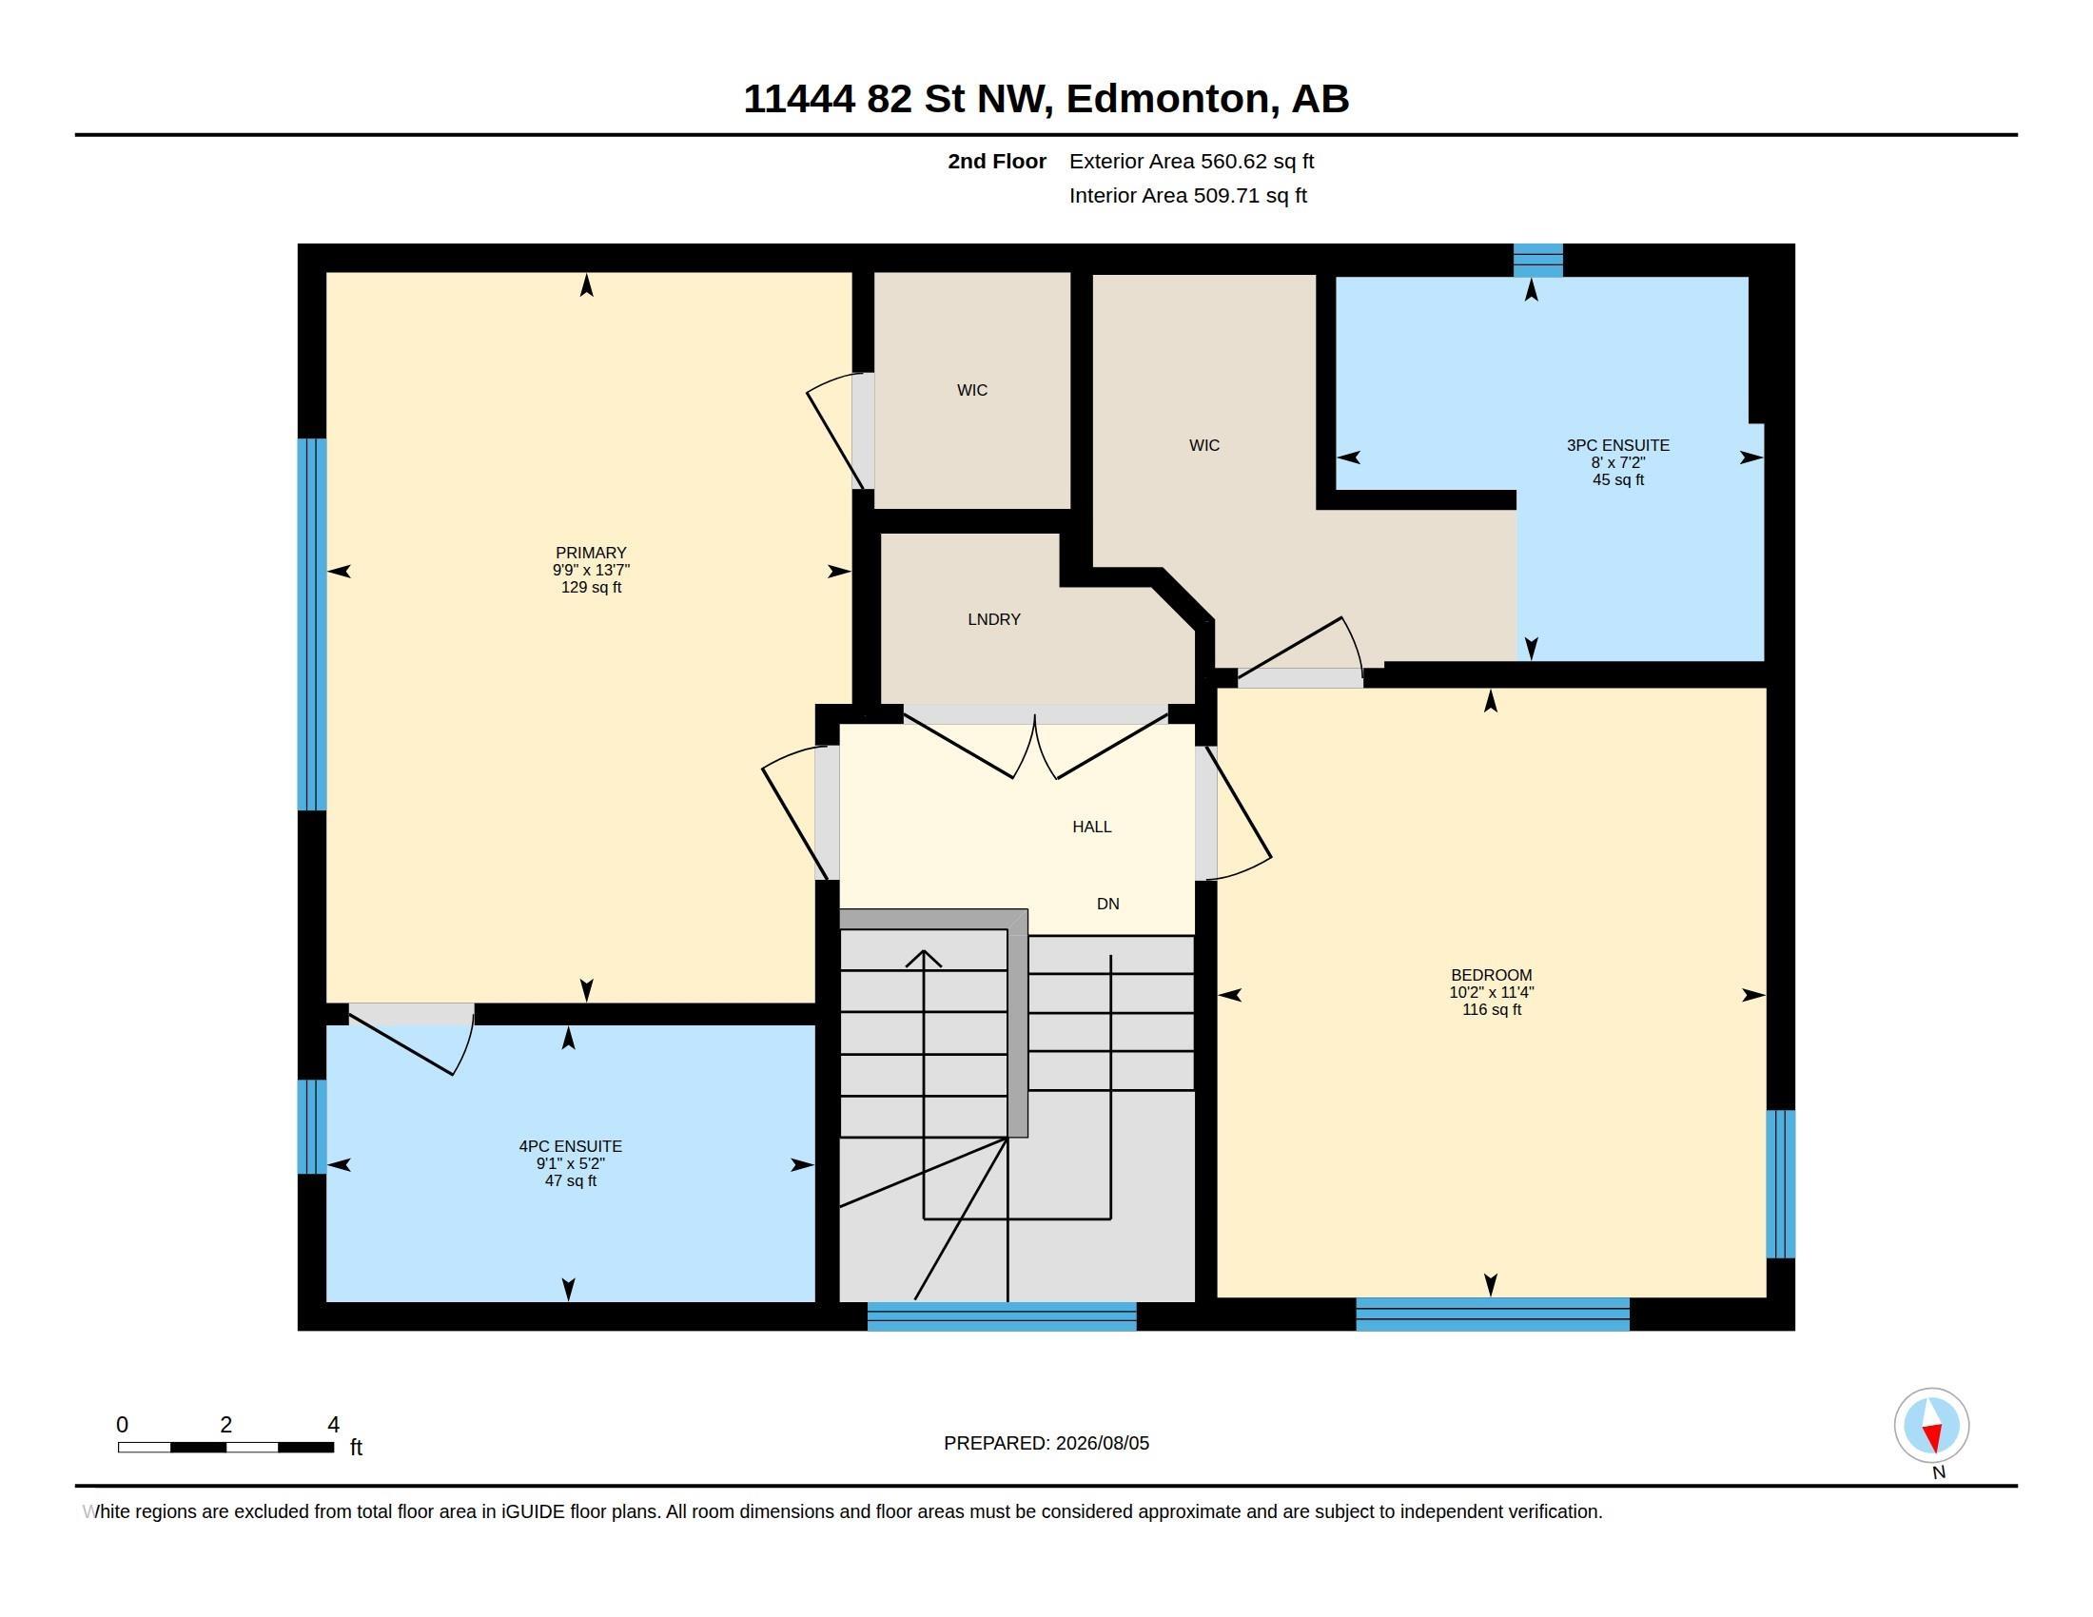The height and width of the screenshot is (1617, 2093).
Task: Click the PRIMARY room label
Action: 591,553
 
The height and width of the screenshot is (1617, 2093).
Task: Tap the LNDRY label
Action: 994,620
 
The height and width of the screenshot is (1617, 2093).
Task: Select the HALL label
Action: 1091,827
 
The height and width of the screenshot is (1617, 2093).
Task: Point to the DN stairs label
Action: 1107,904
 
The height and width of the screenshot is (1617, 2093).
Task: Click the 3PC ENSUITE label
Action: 1617,445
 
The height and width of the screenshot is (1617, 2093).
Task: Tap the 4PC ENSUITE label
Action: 570,1147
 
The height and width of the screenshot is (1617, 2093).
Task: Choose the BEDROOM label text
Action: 1491,975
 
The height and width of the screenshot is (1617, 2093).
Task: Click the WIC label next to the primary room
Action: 971,390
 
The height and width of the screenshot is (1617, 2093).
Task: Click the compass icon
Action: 1931,1425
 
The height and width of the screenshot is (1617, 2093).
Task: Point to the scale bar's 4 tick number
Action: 334,1425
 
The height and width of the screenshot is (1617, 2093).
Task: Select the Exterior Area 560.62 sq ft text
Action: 1191,161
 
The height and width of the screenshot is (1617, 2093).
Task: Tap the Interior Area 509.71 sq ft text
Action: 1187,195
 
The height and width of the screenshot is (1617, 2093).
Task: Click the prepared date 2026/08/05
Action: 1102,1443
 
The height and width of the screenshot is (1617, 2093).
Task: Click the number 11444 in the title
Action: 799,99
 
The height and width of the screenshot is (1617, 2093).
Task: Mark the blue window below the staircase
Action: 1002,1316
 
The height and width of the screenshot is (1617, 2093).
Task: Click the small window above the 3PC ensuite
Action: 1537,261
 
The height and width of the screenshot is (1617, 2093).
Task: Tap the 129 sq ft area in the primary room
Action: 591,587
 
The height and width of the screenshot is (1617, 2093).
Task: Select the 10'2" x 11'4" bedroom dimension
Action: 1491,992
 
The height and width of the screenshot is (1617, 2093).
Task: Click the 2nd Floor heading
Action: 997,161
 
